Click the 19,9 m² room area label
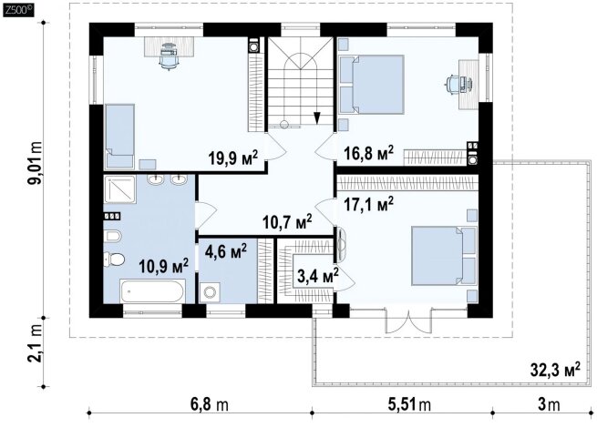tap(233, 158)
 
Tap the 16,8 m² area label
tap(368, 153)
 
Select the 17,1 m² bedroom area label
tap(368, 204)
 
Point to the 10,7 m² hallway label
tap(287, 221)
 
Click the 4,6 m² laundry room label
tap(226, 250)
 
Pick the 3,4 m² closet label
tap(318, 275)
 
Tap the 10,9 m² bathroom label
tap(163, 266)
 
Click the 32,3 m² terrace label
tap(555, 369)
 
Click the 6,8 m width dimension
tap(210, 404)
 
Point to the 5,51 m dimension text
tap(409, 404)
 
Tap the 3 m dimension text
tap(549, 404)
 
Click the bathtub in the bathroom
tap(152, 290)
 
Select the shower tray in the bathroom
tap(119, 189)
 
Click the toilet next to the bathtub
tap(114, 259)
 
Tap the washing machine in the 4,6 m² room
tap(209, 292)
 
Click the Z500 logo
tap(18, 10)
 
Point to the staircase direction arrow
tap(317, 117)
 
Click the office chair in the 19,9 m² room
tap(168, 56)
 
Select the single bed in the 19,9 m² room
tap(119, 136)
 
